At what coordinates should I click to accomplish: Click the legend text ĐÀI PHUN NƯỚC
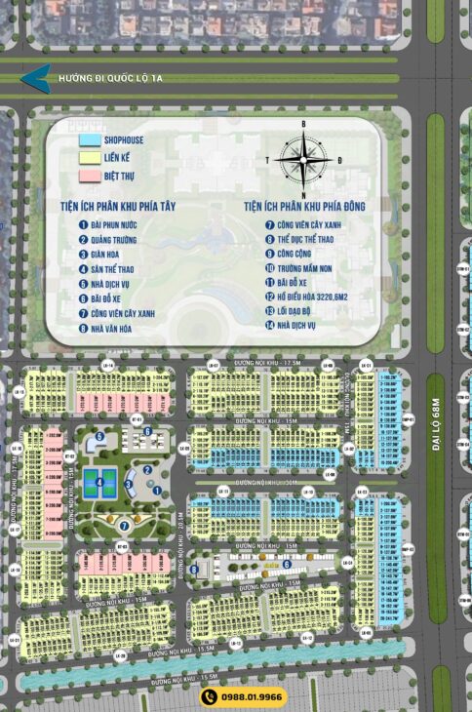120,223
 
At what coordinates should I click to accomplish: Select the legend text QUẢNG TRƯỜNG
122,238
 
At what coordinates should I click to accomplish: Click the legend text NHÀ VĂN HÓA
120,329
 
